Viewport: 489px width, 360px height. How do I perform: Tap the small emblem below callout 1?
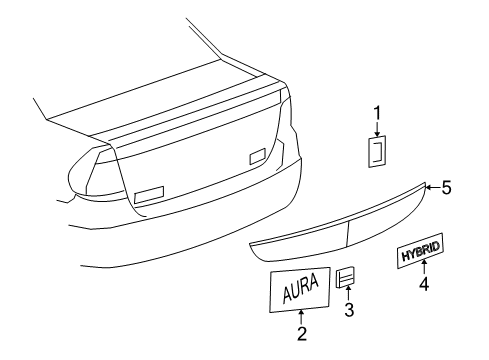(378, 153)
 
